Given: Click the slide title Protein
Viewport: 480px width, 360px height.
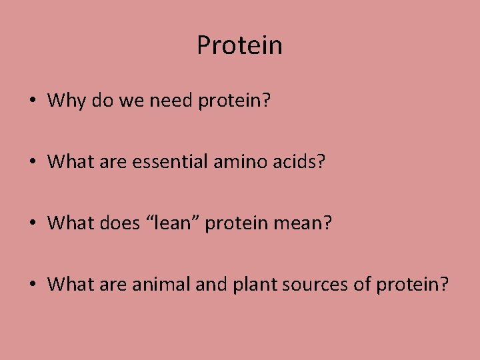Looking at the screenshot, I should (x=239, y=46).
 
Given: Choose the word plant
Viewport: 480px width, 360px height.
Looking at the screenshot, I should (x=251, y=285).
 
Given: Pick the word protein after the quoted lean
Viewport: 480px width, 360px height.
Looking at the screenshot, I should (x=238, y=224).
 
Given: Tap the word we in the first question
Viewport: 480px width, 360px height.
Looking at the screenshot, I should (x=126, y=101).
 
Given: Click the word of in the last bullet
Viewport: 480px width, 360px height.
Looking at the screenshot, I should (x=363, y=285).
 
